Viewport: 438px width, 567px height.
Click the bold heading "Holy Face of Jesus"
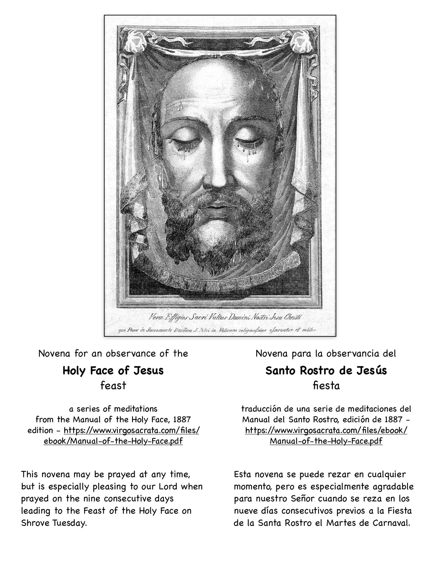click(113, 371)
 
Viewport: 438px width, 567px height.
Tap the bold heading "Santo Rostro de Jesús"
click(326, 371)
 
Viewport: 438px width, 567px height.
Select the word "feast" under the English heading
click(113, 386)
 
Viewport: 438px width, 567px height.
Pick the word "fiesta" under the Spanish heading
click(326, 386)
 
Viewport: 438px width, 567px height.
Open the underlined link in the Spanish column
click(326, 431)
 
